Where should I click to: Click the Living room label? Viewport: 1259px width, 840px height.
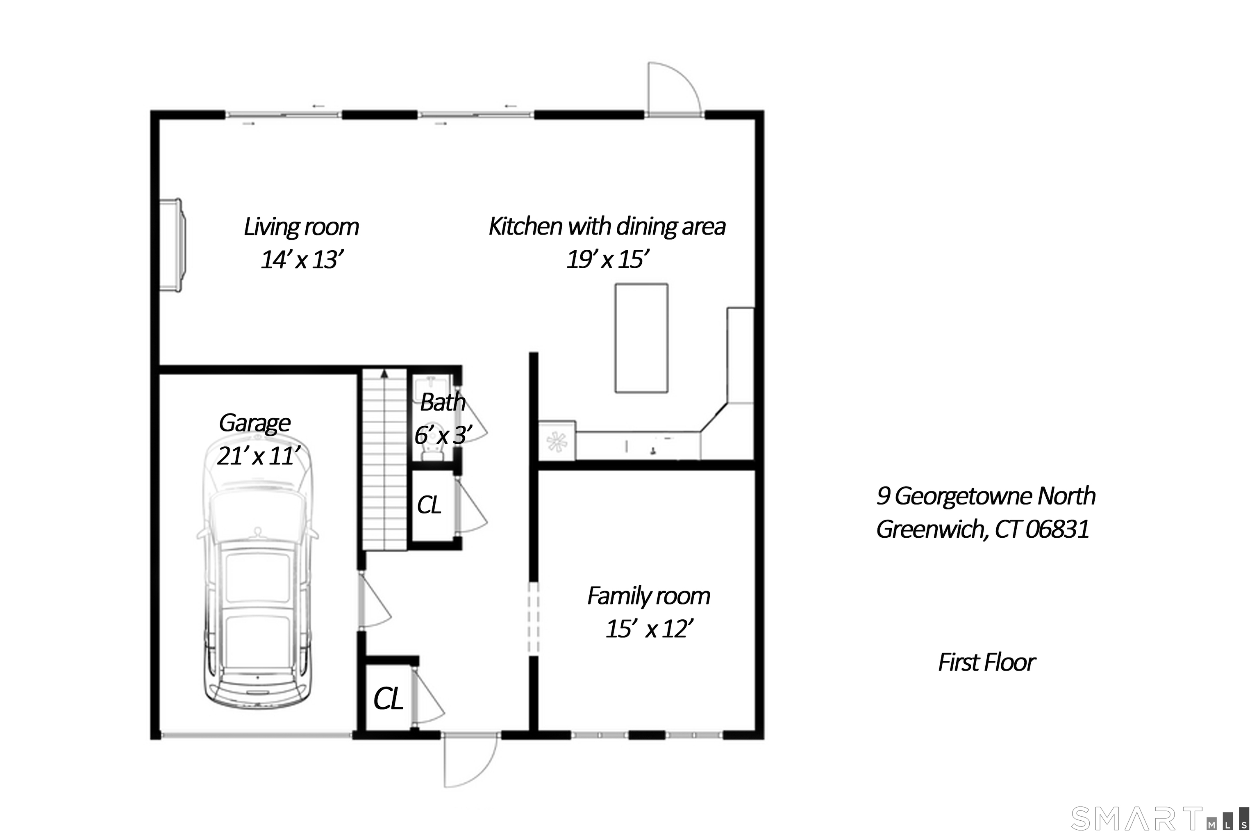(301, 227)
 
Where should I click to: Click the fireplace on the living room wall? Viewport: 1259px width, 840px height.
(173, 245)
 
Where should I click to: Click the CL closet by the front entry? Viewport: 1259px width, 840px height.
(388, 699)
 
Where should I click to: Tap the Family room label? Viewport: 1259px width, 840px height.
(648, 596)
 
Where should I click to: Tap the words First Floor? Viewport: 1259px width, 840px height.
(986, 663)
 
